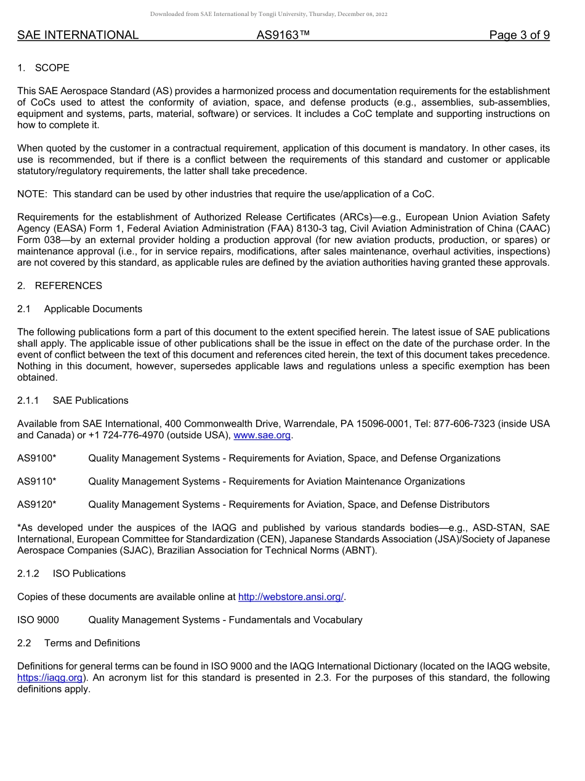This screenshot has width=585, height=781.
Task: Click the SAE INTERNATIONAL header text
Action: click(x=78, y=35)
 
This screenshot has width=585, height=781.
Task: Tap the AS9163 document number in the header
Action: click(x=283, y=35)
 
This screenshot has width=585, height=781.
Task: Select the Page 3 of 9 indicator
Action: click(x=519, y=35)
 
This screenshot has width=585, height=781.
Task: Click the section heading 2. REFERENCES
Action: click(x=60, y=286)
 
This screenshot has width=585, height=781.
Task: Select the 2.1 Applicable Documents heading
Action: click(x=80, y=309)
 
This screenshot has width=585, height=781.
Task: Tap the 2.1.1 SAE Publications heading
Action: click(x=73, y=400)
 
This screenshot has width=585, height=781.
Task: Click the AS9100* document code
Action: click(x=37, y=458)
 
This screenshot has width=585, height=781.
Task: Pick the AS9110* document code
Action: click(x=37, y=481)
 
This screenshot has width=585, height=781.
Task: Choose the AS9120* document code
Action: click(x=37, y=505)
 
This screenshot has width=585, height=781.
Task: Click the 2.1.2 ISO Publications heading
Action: click(x=71, y=574)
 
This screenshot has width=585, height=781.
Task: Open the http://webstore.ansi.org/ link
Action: click(x=291, y=597)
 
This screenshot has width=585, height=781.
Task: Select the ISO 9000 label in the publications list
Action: click(x=38, y=620)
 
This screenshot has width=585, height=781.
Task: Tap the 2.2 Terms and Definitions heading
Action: click(x=79, y=643)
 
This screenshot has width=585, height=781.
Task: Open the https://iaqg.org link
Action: click(x=50, y=678)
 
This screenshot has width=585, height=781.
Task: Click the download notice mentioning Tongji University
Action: click(x=269, y=14)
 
